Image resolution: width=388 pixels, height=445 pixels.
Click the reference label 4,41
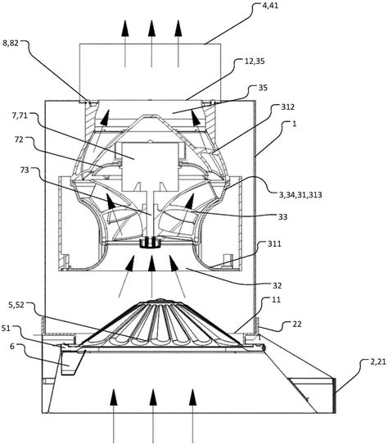270,6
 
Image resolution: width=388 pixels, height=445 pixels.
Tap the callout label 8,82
11,43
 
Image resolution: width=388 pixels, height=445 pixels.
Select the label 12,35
254,61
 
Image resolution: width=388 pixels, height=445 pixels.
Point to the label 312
287,107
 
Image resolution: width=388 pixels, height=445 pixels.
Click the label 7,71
20,116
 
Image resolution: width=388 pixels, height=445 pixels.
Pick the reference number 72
19,139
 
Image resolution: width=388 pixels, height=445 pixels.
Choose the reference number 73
25,170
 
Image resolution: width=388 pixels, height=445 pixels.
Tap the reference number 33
283,217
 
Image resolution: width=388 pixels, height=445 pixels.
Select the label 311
274,243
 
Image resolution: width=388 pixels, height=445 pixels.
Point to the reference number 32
277,285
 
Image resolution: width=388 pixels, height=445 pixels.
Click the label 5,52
16,305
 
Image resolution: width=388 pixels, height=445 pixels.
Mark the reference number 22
297,324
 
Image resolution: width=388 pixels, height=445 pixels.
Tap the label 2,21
378,362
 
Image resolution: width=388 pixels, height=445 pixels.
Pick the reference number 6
12,346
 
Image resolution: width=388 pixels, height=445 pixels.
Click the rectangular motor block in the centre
150,166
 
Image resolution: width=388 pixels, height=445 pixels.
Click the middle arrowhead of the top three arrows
151,29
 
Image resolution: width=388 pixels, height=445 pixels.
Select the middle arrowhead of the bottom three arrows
153,397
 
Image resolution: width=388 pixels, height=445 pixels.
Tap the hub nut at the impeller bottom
151,243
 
